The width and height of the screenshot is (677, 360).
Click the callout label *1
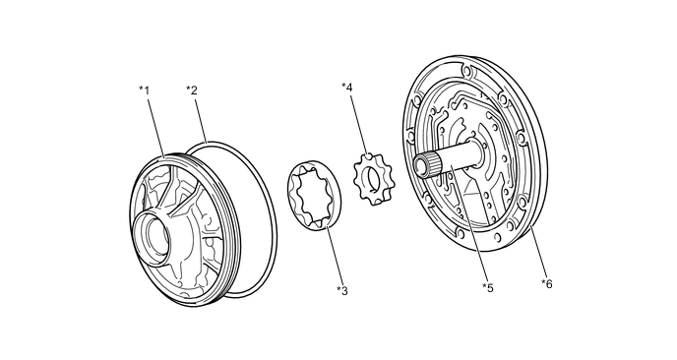pos(144,90)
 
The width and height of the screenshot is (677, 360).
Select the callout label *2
pos(192,90)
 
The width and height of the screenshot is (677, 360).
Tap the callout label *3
pos(342,291)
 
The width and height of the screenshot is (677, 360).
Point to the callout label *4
pos(347,88)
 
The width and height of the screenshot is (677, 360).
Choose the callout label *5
pos(488,288)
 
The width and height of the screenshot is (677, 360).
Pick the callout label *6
pos(547,284)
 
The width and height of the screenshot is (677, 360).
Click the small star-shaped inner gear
pos(374,179)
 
